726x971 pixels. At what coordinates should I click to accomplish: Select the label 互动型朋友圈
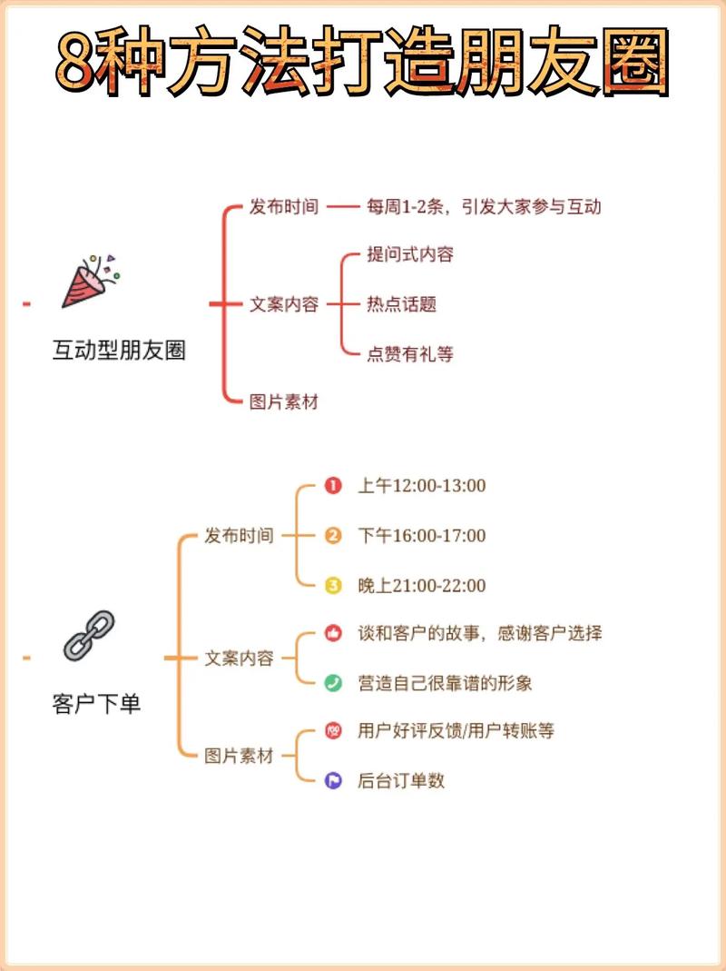(x=119, y=351)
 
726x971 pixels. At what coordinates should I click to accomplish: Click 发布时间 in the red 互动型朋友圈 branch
(x=283, y=207)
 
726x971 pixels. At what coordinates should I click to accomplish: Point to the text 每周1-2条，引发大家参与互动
(x=483, y=207)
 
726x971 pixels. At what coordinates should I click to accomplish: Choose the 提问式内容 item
(x=409, y=254)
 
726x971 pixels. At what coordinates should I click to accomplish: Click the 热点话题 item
(x=401, y=304)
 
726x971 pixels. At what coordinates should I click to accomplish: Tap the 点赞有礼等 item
(x=409, y=354)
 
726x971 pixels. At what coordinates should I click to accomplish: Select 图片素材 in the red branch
(x=283, y=401)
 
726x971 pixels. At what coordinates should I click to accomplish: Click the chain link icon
(x=89, y=635)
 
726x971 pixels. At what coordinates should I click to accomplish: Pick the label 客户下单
(x=97, y=703)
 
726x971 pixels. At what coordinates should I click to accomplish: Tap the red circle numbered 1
(x=333, y=486)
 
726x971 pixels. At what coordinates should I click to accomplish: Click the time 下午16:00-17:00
(x=421, y=536)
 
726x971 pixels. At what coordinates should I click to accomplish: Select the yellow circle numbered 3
(x=333, y=586)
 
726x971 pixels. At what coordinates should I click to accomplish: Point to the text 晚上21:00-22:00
(x=421, y=586)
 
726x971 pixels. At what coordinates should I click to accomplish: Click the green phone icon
(x=333, y=683)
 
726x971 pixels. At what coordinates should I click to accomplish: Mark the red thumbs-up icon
(x=333, y=634)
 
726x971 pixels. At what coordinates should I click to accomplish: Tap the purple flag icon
(x=333, y=780)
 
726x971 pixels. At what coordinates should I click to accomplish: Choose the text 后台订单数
(x=401, y=780)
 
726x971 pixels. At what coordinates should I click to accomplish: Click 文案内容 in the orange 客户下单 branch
(x=239, y=659)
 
